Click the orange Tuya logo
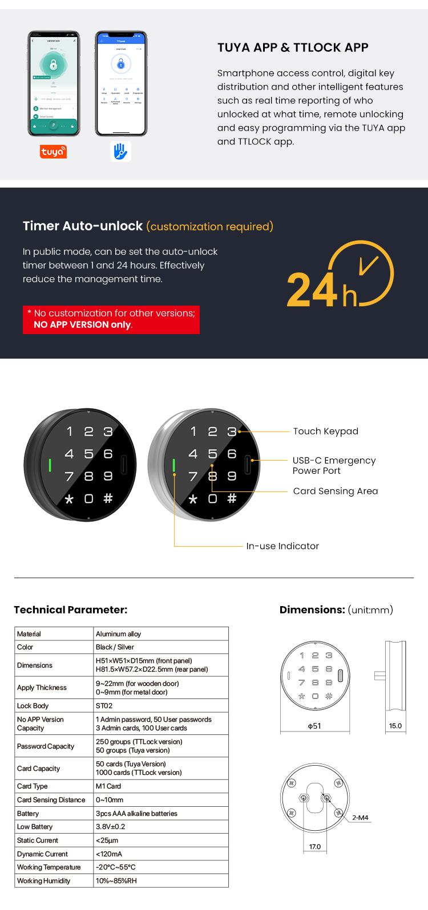click(54, 152)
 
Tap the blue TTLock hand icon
click(120, 151)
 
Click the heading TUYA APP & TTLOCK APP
click(293, 48)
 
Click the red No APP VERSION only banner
click(111, 319)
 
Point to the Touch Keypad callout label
click(325, 432)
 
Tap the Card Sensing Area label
click(335, 491)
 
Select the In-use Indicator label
click(282, 546)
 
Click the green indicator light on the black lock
click(50, 465)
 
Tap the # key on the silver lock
click(232, 499)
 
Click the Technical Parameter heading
click(71, 610)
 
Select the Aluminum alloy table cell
click(119, 634)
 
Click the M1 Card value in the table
click(108, 786)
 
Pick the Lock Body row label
click(33, 706)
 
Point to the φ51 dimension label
click(314, 726)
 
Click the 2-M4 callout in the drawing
click(360, 818)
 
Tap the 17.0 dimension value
click(315, 847)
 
